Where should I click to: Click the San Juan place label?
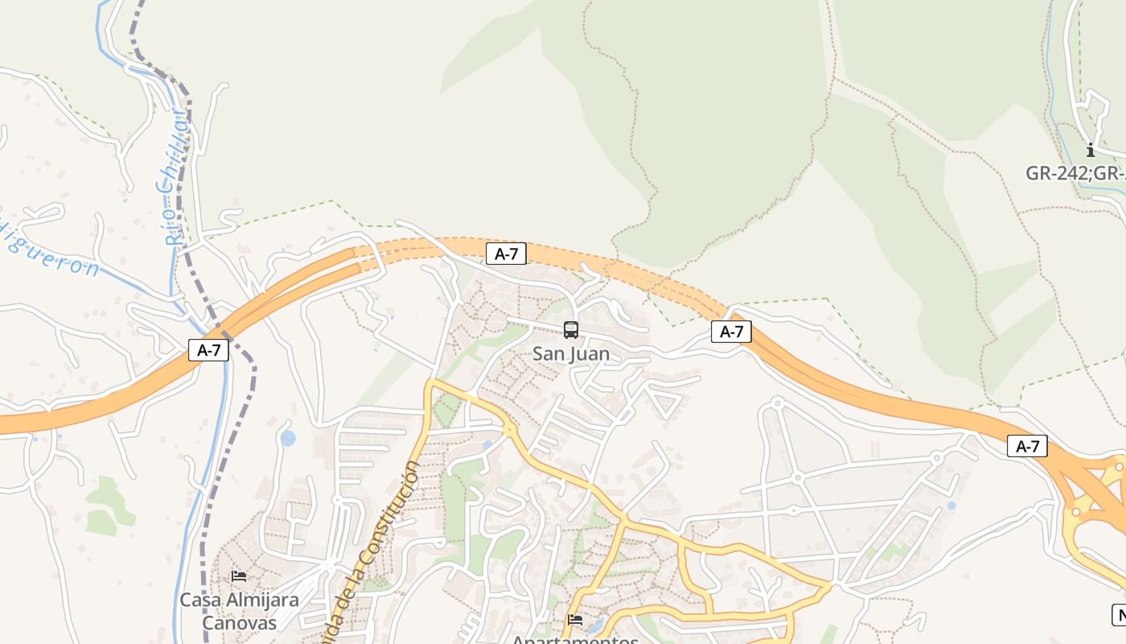pyautogui.click(x=571, y=354)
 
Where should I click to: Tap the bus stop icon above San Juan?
pyautogui.click(x=571, y=330)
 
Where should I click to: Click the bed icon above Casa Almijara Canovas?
pyautogui.click(x=239, y=576)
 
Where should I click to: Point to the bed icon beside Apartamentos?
pyautogui.click(x=575, y=620)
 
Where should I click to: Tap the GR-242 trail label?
pyautogui.click(x=1074, y=173)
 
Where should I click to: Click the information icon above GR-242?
pyautogui.click(x=1091, y=150)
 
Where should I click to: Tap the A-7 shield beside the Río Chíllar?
pyautogui.click(x=208, y=350)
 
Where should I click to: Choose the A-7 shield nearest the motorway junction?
pyautogui.click(x=1027, y=446)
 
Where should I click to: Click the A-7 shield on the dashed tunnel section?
pyautogui.click(x=506, y=254)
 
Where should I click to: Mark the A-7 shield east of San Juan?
pyautogui.click(x=731, y=331)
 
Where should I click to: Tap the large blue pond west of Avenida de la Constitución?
pyautogui.click(x=288, y=439)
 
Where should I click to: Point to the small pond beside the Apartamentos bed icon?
pyautogui.click(x=595, y=625)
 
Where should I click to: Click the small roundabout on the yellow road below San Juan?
pyautogui.click(x=510, y=431)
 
